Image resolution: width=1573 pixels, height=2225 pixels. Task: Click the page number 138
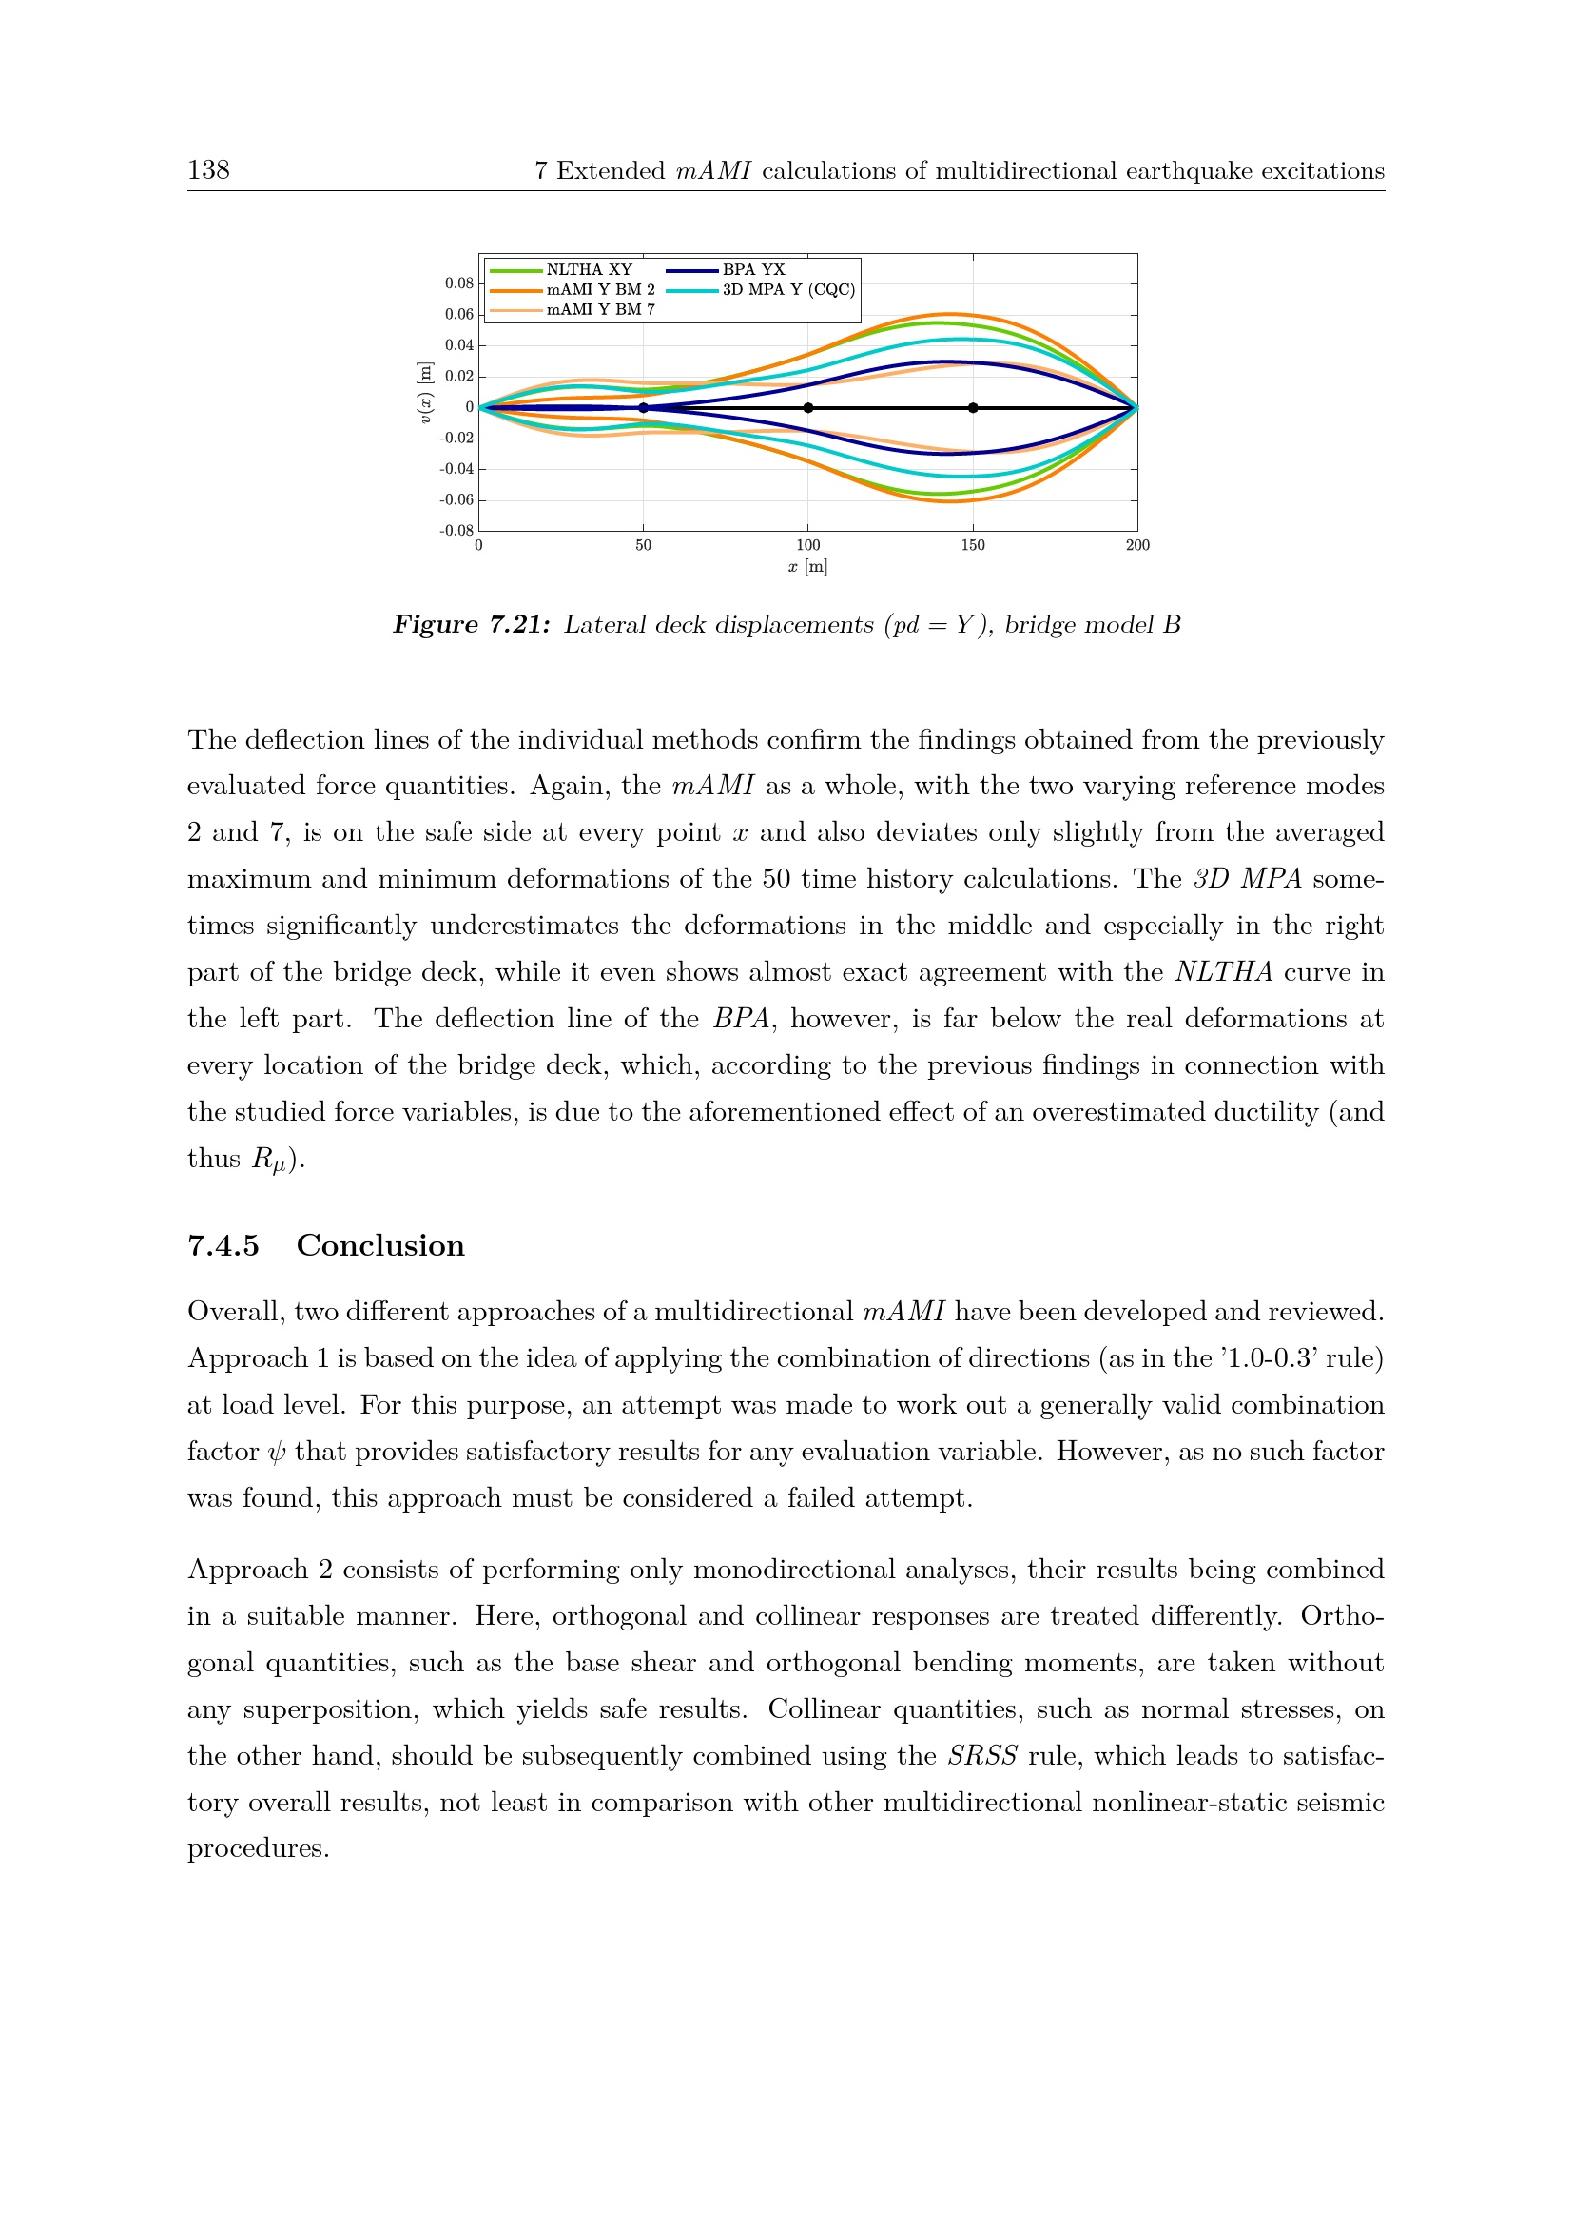(208, 170)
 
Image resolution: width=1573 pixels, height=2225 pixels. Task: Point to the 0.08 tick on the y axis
(459, 283)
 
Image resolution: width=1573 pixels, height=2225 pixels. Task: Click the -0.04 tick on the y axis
(457, 469)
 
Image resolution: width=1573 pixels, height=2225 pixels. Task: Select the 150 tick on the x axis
(973, 546)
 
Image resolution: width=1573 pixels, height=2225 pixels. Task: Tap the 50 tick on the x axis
(643, 546)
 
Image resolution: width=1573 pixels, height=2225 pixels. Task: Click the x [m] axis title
(807, 567)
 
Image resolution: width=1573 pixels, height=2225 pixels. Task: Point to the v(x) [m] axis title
(424, 393)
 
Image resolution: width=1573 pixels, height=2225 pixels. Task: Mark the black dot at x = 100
(807, 408)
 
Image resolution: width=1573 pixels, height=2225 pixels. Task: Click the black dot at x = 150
(973, 408)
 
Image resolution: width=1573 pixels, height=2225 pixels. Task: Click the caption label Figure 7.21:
(471, 625)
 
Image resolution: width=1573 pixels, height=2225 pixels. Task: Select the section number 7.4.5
(223, 1245)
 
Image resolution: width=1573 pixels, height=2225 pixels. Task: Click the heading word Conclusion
(379, 1245)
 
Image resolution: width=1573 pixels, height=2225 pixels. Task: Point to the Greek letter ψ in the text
(277, 1452)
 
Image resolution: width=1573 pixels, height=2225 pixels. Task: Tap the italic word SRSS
(981, 1756)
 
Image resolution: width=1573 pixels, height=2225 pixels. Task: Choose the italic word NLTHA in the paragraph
(1223, 972)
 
